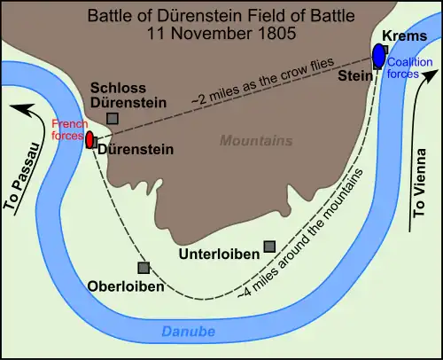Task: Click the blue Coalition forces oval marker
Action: pyautogui.click(x=379, y=54)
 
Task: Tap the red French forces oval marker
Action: pyautogui.click(x=90, y=139)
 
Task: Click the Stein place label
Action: pyautogui.click(x=354, y=76)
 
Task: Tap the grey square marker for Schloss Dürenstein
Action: pyautogui.click(x=112, y=117)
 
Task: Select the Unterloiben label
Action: pyautogui.click(x=221, y=254)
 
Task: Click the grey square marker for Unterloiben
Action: pyautogui.click(x=268, y=246)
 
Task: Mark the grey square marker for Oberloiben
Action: pyautogui.click(x=143, y=267)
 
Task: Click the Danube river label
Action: pyautogui.click(x=190, y=332)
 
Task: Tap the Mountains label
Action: pyautogui.click(x=257, y=141)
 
